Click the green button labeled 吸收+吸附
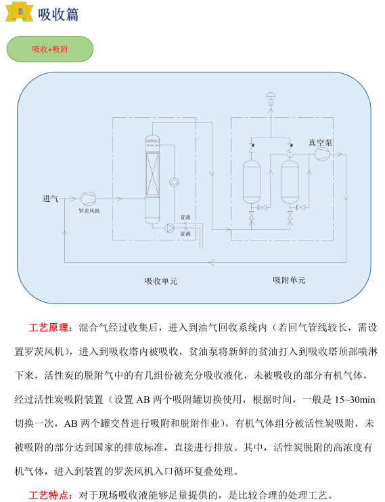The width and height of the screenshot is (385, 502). [50, 49]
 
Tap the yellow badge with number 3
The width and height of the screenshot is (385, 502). [20, 12]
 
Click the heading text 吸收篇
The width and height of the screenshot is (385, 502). [58, 14]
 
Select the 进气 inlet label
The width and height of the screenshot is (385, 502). [50, 198]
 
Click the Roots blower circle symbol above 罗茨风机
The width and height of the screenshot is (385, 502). [88, 198]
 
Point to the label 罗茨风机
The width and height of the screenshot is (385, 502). [89, 211]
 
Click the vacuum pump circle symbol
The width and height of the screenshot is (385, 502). [322, 154]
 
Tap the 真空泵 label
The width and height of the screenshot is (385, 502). [320, 143]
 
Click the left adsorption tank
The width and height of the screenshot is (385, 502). [251, 182]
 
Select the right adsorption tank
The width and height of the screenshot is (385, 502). [290, 182]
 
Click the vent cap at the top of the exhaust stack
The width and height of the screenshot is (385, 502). [271, 95]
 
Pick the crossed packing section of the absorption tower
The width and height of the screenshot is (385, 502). [152, 174]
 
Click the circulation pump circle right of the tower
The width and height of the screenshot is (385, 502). [174, 182]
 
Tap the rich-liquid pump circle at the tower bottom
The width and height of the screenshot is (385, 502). [169, 228]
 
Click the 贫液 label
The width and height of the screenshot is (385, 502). [185, 217]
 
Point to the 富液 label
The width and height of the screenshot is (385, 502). [185, 234]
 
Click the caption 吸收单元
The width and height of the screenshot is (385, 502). [161, 281]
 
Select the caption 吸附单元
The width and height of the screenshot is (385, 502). [289, 280]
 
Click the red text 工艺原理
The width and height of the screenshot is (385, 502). [48, 327]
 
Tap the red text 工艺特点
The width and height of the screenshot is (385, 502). [48, 495]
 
